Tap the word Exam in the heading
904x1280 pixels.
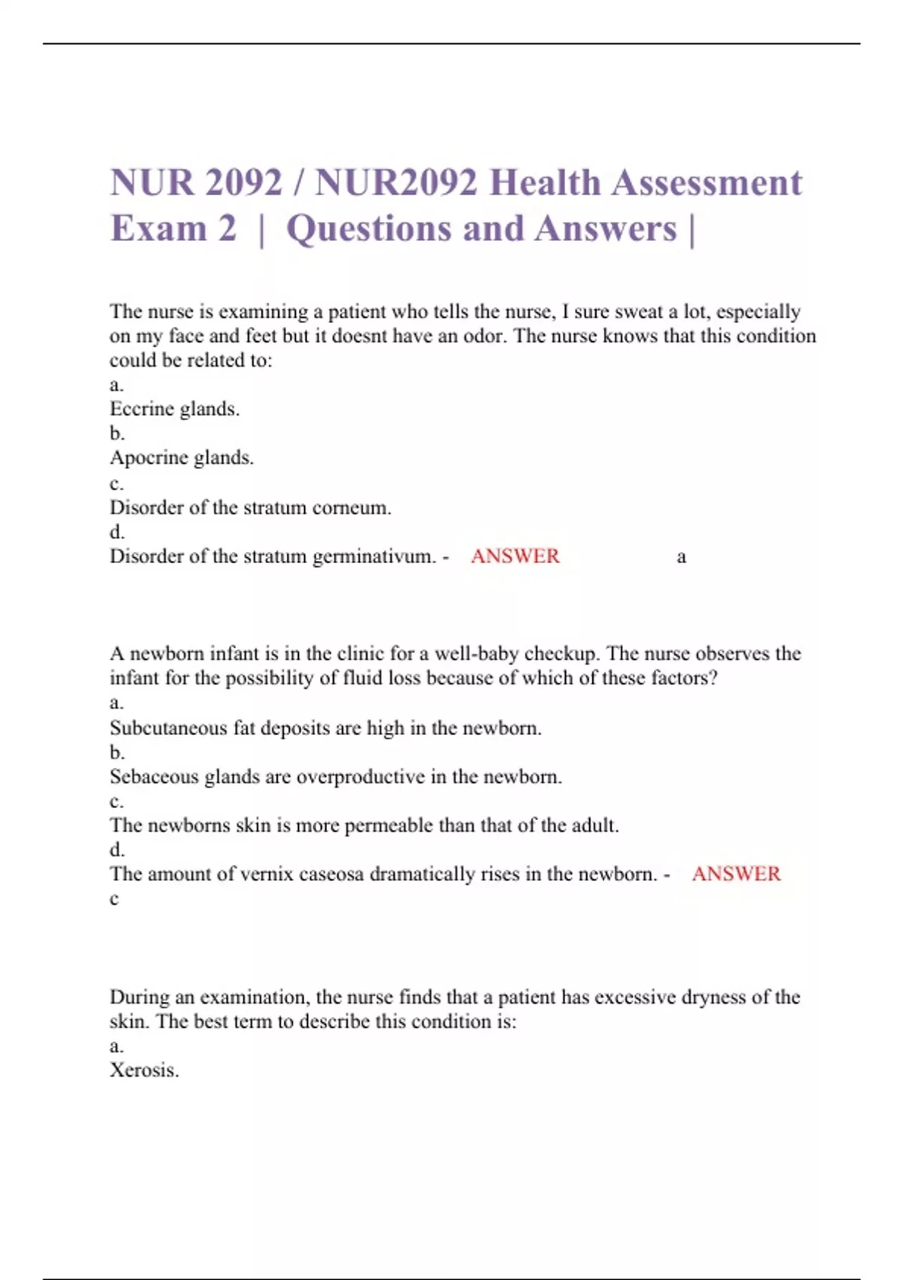(x=157, y=229)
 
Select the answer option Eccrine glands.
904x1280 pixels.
(x=174, y=409)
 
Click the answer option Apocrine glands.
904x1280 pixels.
(x=182, y=457)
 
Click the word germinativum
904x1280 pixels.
(x=374, y=556)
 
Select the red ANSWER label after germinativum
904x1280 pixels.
(x=515, y=556)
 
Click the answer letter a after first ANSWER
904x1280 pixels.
(x=681, y=557)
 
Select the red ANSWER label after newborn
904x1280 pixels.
(x=736, y=874)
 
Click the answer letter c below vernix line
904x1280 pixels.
(x=115, y=899)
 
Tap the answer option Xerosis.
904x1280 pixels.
(x=144, y=1070)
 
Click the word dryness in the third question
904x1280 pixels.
(x=713, y=997)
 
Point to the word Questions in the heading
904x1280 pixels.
(x=368, y=229)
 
